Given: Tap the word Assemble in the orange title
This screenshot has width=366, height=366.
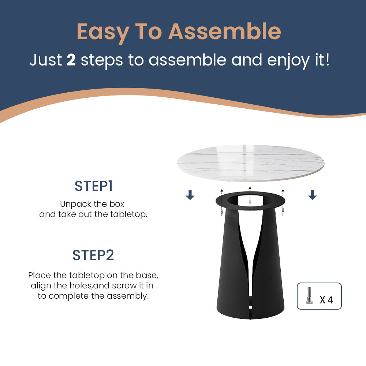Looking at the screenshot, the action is (x=225, y=31).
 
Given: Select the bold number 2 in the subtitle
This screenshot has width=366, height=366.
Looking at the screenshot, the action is (x=71, y=60).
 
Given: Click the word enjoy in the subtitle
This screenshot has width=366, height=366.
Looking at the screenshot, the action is (x=288, y=61).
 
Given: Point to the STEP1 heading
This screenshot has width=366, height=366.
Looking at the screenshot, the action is (x=94, y=186).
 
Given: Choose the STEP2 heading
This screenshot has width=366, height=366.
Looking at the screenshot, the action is (x=93, y=255).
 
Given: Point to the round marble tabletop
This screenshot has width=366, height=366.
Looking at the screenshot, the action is (x=251, y=163).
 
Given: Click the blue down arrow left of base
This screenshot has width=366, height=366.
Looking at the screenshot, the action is (x=190, y=195).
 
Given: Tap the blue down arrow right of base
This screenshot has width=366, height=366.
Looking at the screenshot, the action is (x=312, y=195).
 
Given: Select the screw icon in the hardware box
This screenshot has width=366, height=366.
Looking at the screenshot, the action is (x=309, y=295).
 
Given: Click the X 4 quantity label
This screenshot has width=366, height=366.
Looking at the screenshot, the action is (x=326, y=300).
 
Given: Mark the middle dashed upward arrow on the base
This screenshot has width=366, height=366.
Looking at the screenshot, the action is (x=250, y=196).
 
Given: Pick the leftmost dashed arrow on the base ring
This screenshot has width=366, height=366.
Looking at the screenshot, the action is (x=222, y=202).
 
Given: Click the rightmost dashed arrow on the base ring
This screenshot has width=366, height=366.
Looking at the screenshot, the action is (x=283, y=202).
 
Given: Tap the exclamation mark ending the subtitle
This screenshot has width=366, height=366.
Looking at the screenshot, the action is (x=328, y=60).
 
